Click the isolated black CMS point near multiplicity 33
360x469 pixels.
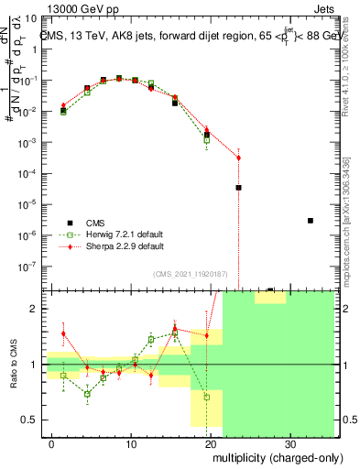pos(311,221)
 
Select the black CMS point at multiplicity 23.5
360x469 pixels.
pos(238,187)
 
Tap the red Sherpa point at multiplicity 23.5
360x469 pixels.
pos(238,158)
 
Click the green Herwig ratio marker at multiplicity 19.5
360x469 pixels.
pos(207,398)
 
